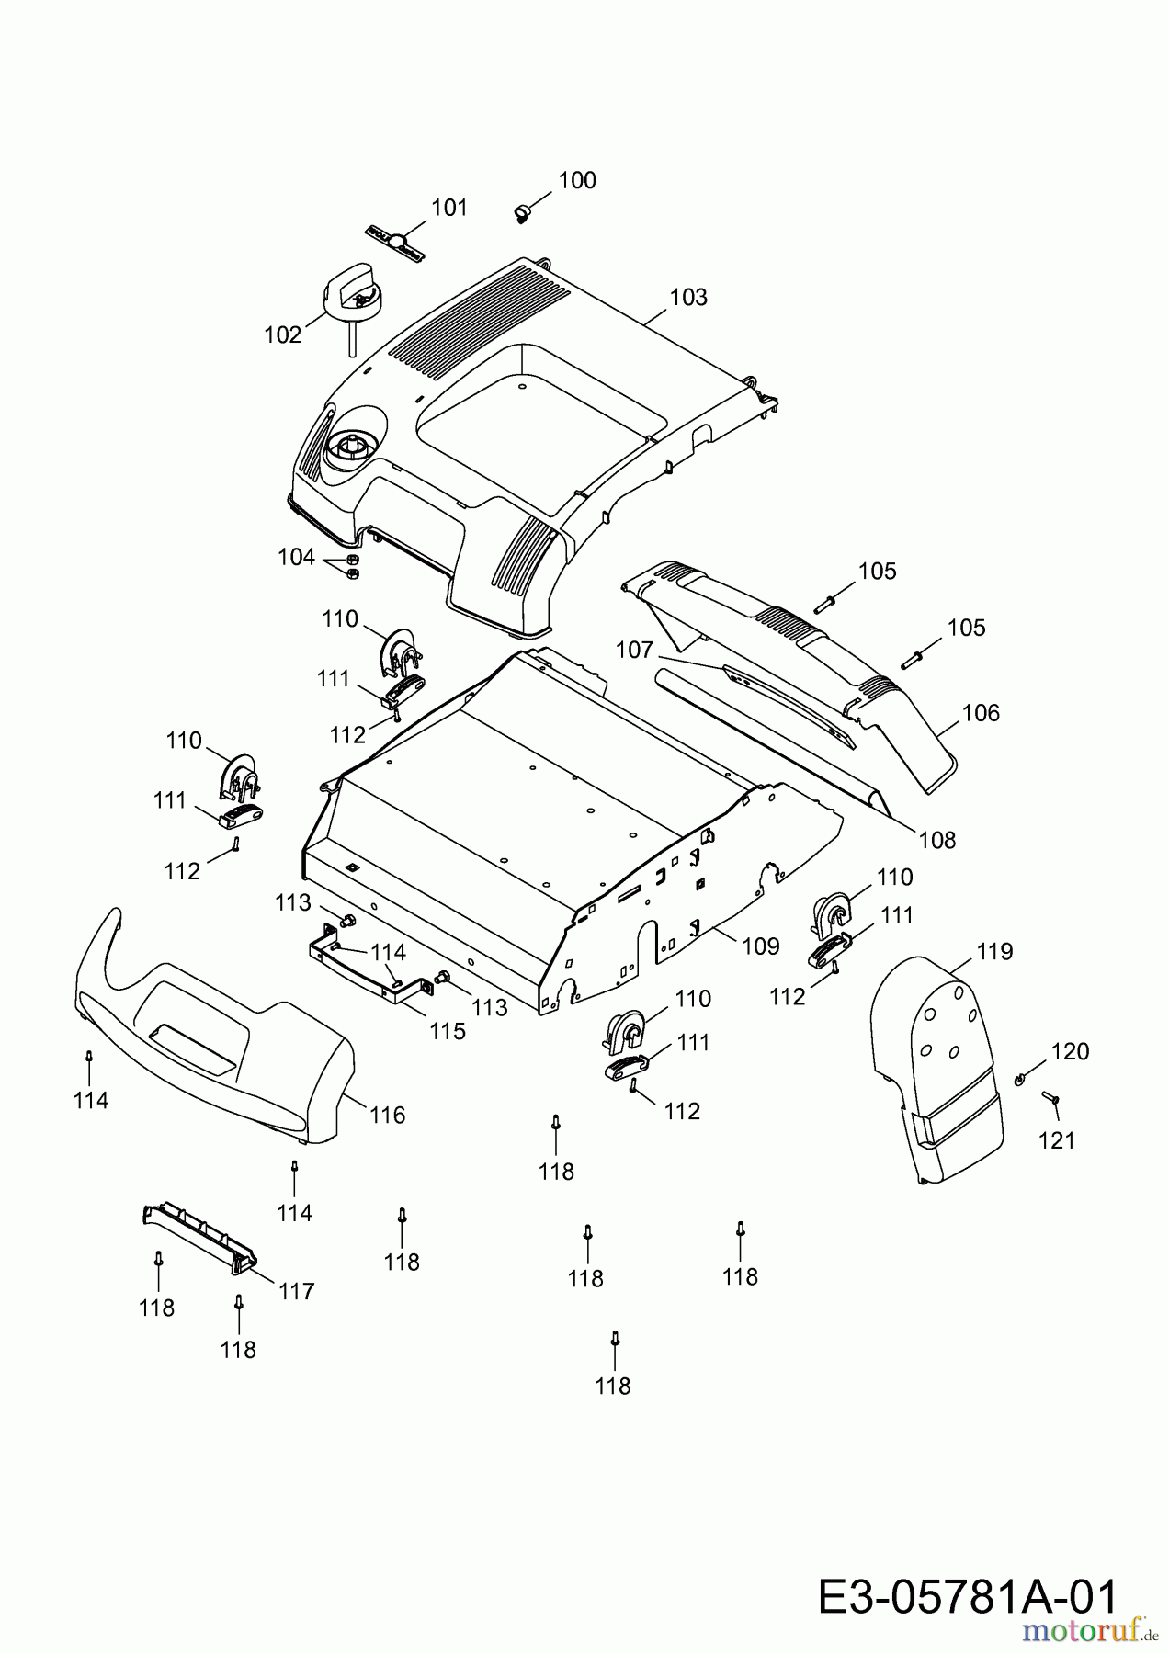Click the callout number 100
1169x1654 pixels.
point(577,180)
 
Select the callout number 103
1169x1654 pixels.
point(688,297)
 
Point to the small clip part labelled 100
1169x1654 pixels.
point(523,214)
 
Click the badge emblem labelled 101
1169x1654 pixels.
point(397,242)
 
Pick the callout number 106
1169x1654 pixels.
point(980,712)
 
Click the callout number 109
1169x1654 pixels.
point(760,946)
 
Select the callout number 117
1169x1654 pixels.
point(296,1291)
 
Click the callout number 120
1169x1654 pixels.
point(1070,1051)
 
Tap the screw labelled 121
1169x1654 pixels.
point(1050,1097)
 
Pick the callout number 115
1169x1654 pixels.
point(448,1031)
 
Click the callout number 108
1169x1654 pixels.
point(936,839)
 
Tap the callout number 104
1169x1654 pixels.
point(296,557)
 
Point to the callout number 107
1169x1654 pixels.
point(634,650)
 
